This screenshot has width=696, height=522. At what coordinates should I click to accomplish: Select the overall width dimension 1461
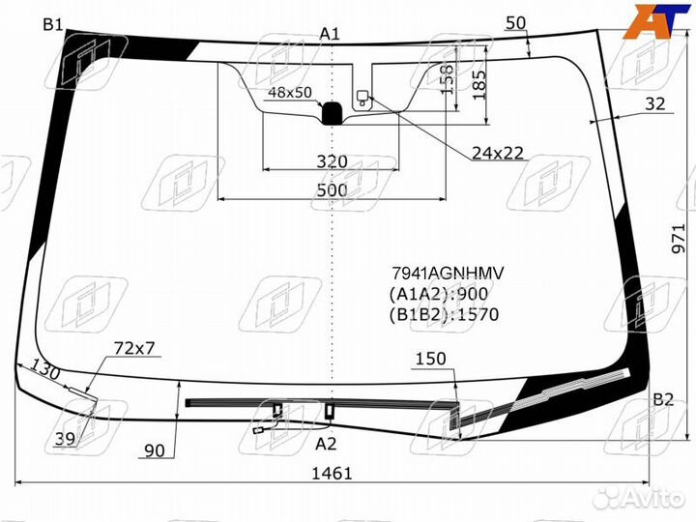[x=332, y=474]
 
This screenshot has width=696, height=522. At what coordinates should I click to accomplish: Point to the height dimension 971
[x=681, y=236]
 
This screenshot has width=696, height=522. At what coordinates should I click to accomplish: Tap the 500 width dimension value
[x=332, y=190]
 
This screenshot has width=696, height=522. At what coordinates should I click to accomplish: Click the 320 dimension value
[x=332, y=160]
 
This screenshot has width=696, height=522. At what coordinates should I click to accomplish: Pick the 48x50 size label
[x=290, y=93]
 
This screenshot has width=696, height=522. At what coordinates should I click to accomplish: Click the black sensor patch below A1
[x=332, y=113]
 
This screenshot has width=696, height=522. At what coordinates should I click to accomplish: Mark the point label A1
[x=331, y=34]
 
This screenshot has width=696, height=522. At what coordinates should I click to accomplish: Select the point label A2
[x=327, y=444]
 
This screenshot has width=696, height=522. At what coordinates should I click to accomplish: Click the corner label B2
[x=662, y=398]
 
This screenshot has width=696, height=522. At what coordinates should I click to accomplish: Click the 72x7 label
[x=134, y=347]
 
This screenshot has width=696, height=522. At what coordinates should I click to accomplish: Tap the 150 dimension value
[x=430, y=359]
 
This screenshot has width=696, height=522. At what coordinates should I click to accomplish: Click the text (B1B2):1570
[x=444, y=314]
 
